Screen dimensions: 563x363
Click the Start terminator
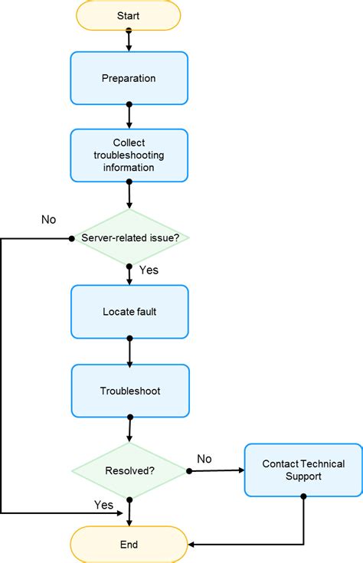pos(129,15)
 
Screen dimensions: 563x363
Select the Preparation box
pos(129,78)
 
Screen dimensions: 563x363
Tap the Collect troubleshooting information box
pos(129,155)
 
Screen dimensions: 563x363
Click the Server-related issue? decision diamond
pos(129,237)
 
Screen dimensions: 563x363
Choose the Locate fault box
pos(129,312)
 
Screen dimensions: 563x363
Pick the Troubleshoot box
pos(129,391)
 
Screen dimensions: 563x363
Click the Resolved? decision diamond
pos(129,470)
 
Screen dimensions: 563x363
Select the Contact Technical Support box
pos(303,470)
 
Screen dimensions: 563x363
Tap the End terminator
pos(129,545)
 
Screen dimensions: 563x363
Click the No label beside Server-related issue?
pos(48,220)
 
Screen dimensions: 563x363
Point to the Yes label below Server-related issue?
pos(149,270)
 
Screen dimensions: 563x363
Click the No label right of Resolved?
pos(204,458)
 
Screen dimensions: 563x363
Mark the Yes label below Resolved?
pos(103,505)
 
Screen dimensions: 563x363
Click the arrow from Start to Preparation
pos(129,41)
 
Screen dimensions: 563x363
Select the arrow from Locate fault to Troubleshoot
pos(129,352)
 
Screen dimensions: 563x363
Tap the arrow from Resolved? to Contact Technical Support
pos(216,470)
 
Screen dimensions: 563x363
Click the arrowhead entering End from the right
pos(192,545)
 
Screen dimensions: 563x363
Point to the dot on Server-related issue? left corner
pos(71,238)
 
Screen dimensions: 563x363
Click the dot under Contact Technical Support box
pos(303,496)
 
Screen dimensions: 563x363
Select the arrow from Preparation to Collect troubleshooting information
pos(129,116)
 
